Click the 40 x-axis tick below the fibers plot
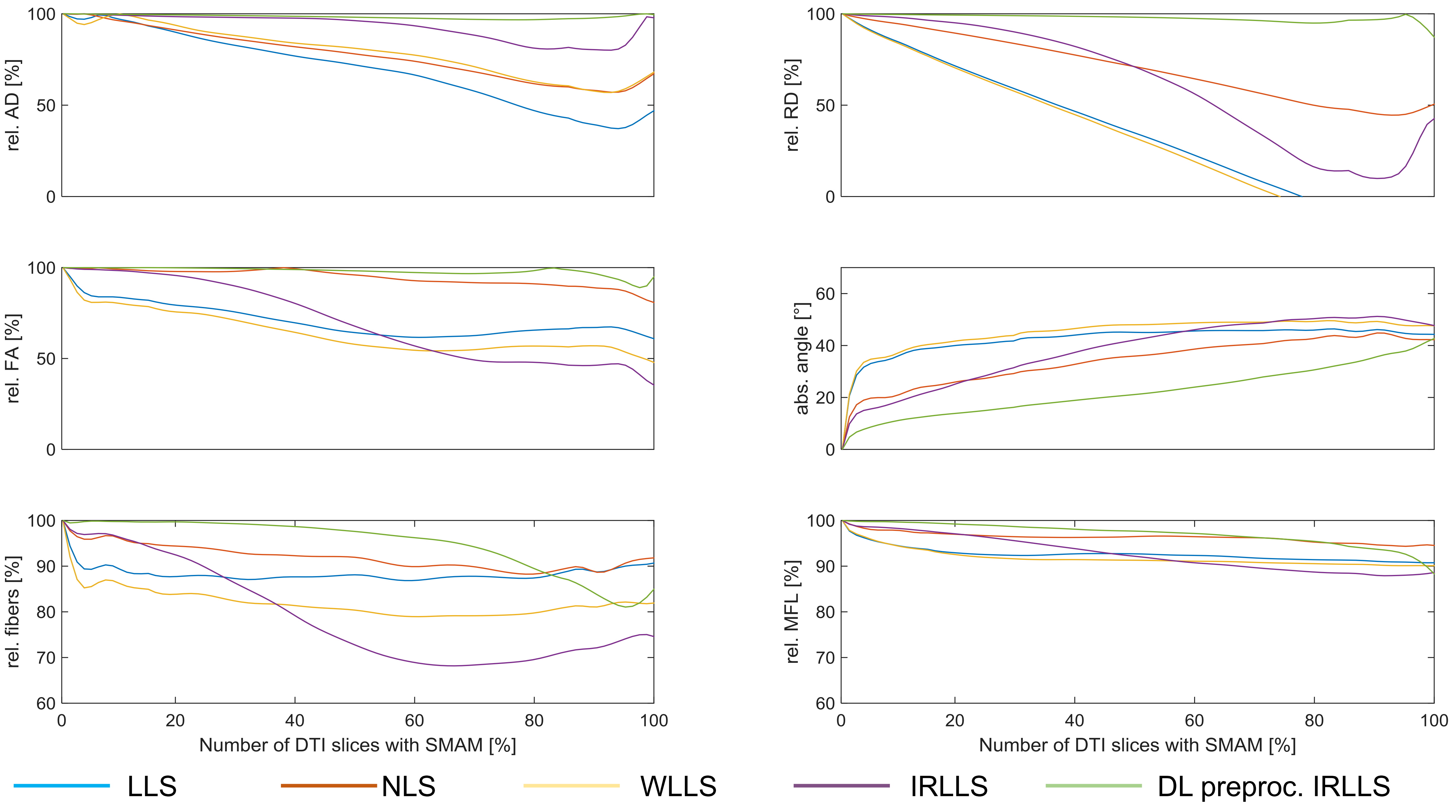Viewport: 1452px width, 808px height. click(x=295, y=720)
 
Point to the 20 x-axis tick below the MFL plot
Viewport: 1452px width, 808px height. click(x=955, y=720)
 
